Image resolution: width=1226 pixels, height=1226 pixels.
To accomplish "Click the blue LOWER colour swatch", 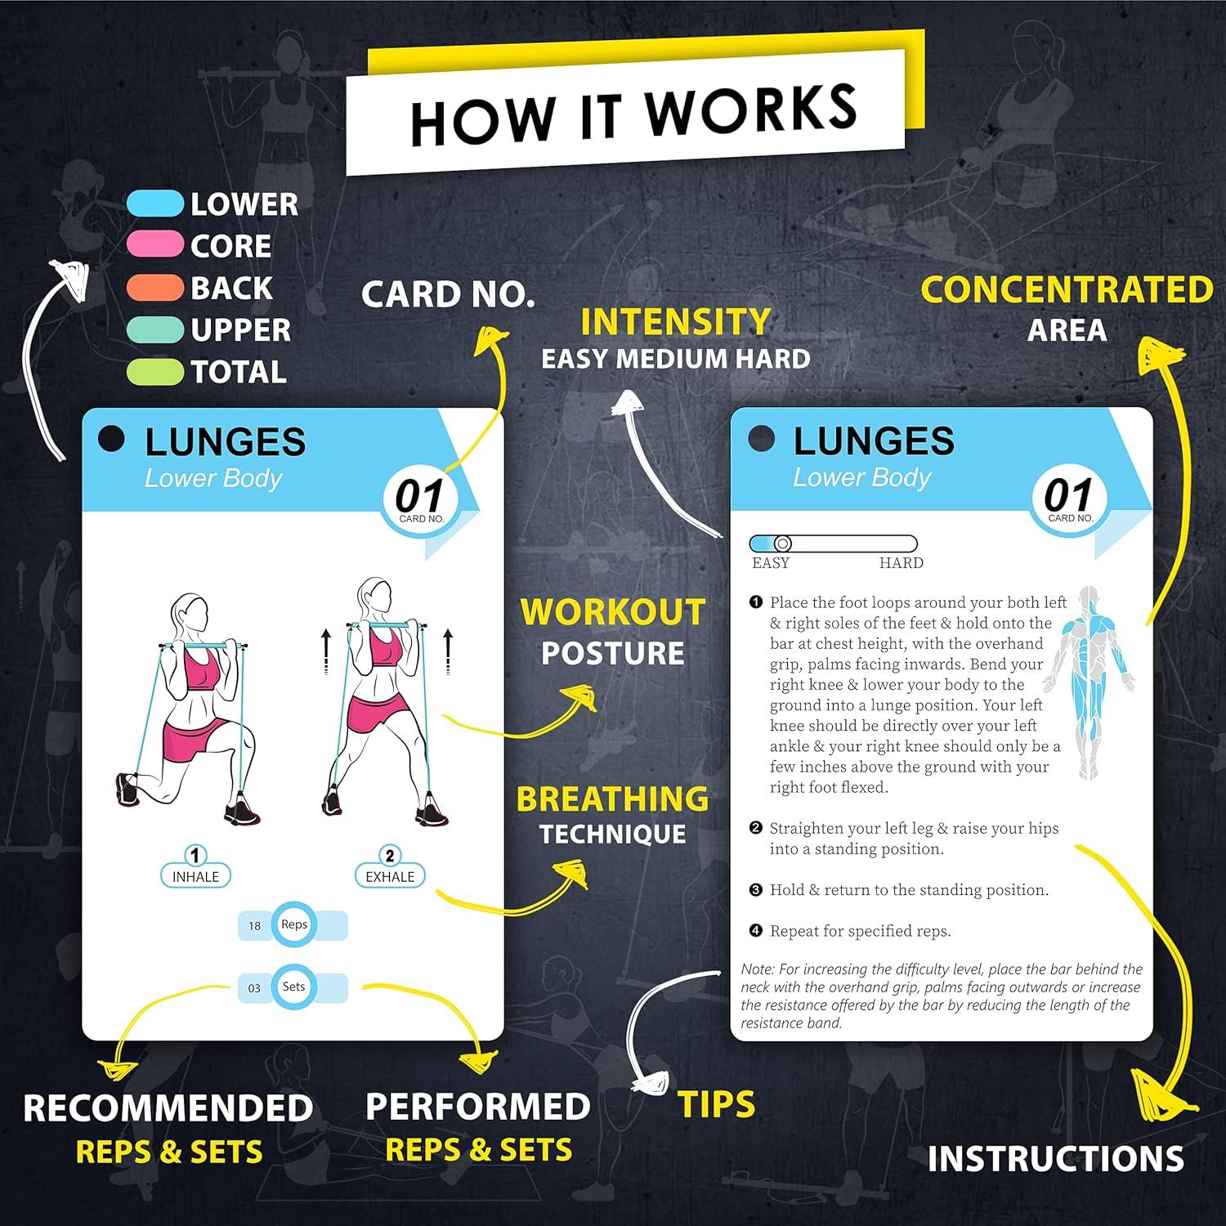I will click(x=154, y=204).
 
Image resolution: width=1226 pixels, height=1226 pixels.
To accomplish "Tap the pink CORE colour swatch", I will click(x=154, y=245).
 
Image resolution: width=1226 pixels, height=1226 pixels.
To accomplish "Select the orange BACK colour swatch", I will click(x=154, y=288).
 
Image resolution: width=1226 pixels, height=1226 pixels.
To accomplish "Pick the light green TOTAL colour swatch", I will click(x=154, y=372).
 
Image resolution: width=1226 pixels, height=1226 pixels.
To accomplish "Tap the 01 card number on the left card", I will click(x=419, y=496).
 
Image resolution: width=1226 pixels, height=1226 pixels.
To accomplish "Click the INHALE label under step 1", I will click(x=195, y=876).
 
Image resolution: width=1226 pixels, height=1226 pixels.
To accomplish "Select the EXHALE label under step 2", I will click(x=390, y=876).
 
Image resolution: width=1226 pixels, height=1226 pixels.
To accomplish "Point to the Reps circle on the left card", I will click(x=293, y=924).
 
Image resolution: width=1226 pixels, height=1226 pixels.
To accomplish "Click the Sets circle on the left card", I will click(x=293, y=987).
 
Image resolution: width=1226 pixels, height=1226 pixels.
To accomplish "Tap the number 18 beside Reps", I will click(x=254, y=926).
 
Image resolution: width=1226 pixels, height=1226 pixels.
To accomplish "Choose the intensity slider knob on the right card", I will click(x=782, y=544).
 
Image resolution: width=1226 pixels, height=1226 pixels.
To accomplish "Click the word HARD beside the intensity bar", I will click(x=901, y=563).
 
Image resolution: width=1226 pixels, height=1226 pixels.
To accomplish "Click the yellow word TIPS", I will click(x=716, y=1104).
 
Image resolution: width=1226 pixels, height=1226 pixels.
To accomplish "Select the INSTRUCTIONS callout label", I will click(x=1055, y=1158).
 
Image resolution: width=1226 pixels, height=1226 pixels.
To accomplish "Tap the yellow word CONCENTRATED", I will click(x=1067, y=289).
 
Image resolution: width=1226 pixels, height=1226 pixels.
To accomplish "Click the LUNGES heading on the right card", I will click(x=873, y=441).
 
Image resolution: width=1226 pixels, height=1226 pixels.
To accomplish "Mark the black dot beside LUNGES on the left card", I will click(x=111, y=439).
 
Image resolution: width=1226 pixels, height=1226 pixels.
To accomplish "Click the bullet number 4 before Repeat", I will click(x=756, y=930).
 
